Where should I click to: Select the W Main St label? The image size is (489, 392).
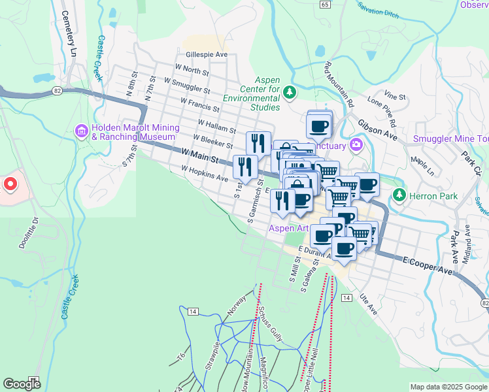pos(199,156)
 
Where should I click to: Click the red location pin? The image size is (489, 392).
pos(10,184)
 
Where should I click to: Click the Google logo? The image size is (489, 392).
pos(22,384)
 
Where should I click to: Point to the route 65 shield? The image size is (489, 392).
pos(325,4)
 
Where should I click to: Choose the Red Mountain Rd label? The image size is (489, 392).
pos(339,84)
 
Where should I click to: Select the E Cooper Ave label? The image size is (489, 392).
pos(428,264)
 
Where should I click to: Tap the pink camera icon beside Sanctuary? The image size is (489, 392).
pos(356,144)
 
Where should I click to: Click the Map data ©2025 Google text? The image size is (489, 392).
pos(448,387)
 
